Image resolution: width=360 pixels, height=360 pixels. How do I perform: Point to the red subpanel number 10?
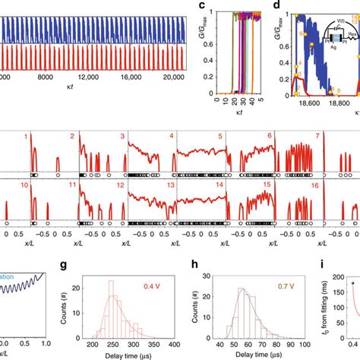coord(25,185)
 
